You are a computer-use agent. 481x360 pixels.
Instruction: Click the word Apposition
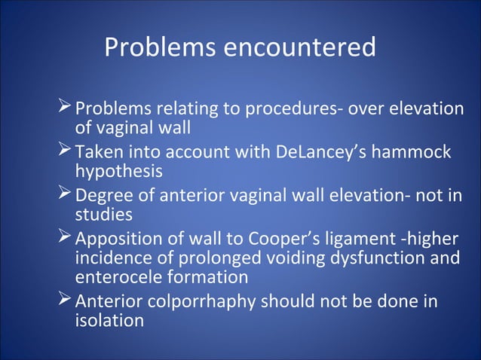point(115,241)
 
